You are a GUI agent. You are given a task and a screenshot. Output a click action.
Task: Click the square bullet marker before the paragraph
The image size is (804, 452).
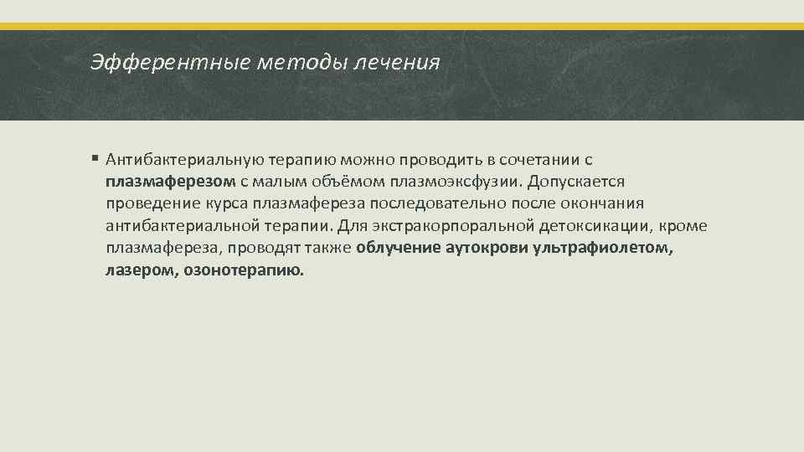(96, 158)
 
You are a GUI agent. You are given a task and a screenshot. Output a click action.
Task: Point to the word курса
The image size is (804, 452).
(226, 203)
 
